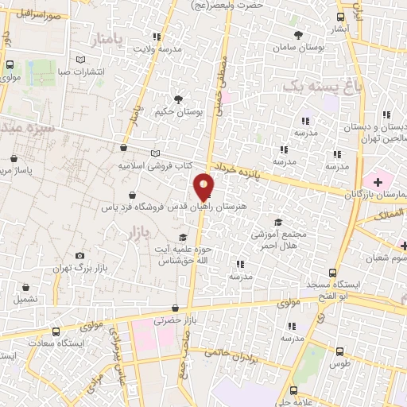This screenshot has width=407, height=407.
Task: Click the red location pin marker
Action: click(204, 187)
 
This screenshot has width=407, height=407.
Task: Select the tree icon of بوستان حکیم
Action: click(178, 99)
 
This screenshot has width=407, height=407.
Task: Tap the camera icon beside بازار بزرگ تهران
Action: click(79, 255)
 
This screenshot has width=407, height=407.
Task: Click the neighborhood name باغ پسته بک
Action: click(316, 84)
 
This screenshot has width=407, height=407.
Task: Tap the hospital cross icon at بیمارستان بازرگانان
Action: click(378, 182)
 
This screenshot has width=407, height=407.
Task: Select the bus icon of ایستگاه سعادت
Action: click(55, 331)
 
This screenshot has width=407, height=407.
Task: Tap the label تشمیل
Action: click(25, 299)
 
